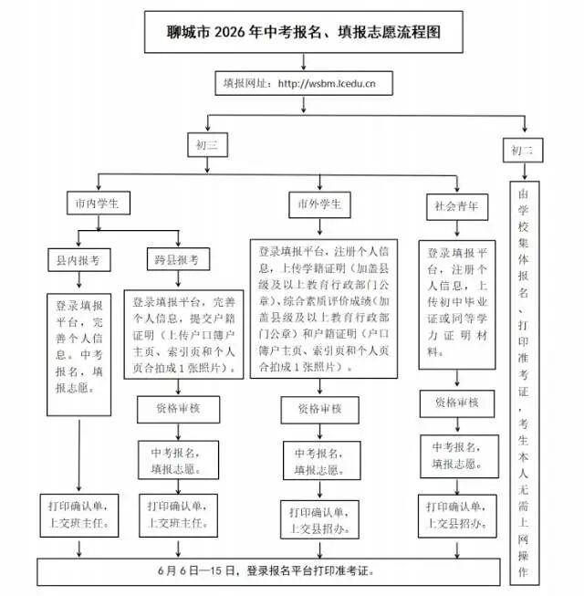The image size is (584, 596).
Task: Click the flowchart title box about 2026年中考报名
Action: click(x=304, y=32)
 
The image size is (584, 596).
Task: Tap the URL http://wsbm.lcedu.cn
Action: click(x=327, y=83)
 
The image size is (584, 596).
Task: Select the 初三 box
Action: click(x=207, y=145)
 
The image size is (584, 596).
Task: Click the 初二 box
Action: click(x=523, y=151)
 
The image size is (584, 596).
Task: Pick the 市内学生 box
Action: click(x=99, y=203)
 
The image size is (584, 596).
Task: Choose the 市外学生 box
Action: click(x=319, y=204)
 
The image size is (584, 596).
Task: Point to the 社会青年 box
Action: click(x=457, y=207)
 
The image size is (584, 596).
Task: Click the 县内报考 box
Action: click(x=79, y=260)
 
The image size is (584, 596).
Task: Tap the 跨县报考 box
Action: click(x=178, y=259)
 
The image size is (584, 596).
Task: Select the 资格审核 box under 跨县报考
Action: click(x=178, y=410)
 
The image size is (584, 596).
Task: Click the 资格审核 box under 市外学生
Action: click(x=320, y=410)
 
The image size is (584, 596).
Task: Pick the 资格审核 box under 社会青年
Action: click(x=457, y=403)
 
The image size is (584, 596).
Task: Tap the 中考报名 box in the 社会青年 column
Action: click(x=459, y=456)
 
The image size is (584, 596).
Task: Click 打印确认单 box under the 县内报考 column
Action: click(x=79, y=516)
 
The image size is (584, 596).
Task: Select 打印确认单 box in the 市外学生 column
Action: click(x=319, y=519)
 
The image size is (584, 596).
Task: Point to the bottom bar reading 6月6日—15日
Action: click(x=268, y=571)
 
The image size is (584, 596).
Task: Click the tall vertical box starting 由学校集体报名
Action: click(x=525, y=382)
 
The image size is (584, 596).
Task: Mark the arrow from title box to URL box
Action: click(x=304, y=61)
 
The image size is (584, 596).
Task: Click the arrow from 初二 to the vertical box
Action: click(x=525, y=172)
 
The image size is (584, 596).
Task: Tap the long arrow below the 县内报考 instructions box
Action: click(x=79, y=455)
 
